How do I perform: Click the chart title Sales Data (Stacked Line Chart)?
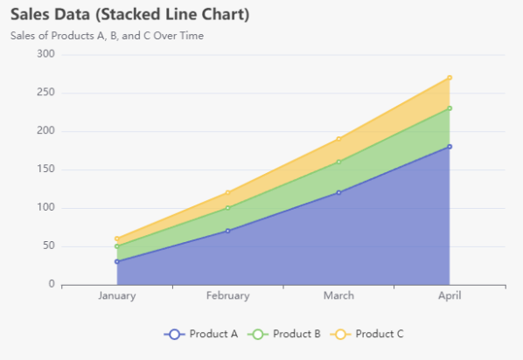[x=129, y=15]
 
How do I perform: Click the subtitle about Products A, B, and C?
[x=107, y=36]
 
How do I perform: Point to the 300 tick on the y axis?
[x=45, y=54]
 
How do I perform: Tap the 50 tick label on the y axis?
[x=48, y=246]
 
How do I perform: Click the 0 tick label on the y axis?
[x=52, y=285]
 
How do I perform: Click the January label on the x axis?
[x=116, y=296]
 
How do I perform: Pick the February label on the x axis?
[x=227, y=296]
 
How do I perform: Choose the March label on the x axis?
[x=338, y=296]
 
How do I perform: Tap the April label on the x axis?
[x=450, y=296]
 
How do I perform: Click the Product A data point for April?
[x=450, y=147]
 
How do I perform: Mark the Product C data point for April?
[x=450, y=78]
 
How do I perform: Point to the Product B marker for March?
[x=338, y=162]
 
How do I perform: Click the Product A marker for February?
[x=227, y=231]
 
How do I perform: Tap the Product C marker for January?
[x=116, y=239]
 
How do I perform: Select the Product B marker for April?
[x=450, y=108]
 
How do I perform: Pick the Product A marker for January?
[x=116, y=261]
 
